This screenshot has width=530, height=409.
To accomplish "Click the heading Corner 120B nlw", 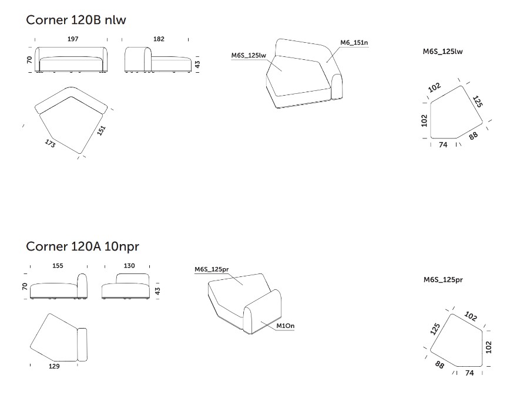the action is coord(76,20).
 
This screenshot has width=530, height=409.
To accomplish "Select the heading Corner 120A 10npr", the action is coord(82,246).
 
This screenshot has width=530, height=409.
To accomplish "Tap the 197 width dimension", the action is coord(73,39).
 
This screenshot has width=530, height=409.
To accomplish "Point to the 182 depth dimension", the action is coord(159,39).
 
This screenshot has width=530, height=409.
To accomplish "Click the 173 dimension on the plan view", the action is coord(50,143).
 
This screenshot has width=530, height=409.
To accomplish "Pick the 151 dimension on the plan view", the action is coord(102,131).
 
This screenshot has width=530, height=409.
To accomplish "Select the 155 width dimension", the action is coord(58,266).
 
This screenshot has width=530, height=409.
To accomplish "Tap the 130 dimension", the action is coord(129,266).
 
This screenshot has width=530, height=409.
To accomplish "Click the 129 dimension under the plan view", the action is coord(54,366).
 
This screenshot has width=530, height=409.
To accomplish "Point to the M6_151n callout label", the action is coord(354,42).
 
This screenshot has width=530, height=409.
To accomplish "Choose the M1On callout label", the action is coord(286,326).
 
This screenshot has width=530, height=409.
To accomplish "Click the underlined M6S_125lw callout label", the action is coord(249,55).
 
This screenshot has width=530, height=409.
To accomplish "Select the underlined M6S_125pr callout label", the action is coord(212,269).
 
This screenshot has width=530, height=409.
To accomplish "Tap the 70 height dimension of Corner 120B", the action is coord(29,60).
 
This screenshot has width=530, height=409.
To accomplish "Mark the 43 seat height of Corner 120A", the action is coord(157,291).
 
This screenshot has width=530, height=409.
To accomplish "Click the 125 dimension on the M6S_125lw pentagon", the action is coord(477,102).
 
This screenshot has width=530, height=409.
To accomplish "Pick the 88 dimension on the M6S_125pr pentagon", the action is coord(440,365).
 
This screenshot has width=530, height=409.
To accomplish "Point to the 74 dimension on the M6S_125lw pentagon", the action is coord(443,145).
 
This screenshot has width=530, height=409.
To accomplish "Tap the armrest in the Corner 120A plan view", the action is coord(82,344).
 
